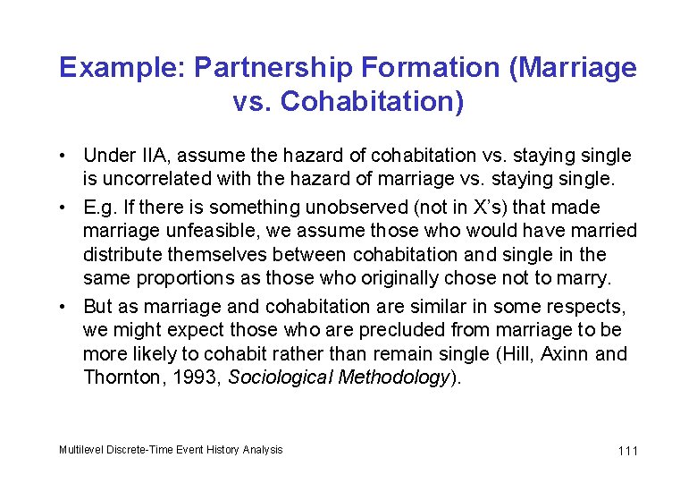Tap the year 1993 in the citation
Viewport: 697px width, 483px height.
194,377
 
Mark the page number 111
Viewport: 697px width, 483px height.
627,451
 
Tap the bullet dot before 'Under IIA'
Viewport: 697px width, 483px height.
69,156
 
